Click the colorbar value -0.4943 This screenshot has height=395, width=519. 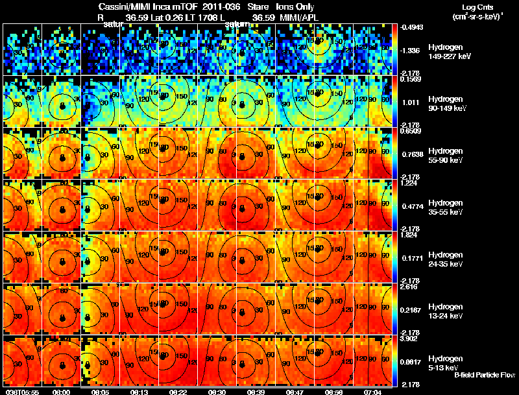pos(413,27)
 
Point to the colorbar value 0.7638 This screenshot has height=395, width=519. pos(412,154)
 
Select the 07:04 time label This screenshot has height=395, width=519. pos(372,392)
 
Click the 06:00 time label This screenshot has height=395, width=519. pos(62,392)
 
